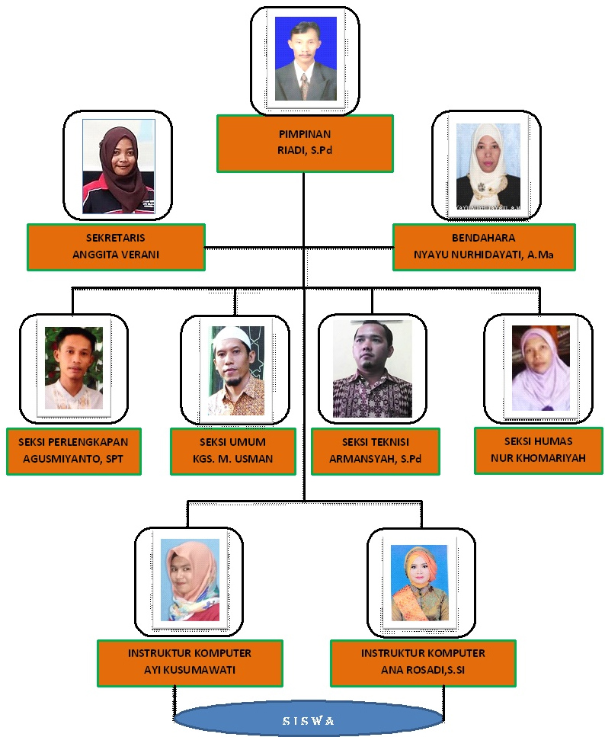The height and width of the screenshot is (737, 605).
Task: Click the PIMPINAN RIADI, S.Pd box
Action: pos(305,143)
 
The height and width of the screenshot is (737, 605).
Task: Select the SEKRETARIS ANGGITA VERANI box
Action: pos(116,247)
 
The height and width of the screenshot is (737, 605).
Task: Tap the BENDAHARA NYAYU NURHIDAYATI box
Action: pos(484,247)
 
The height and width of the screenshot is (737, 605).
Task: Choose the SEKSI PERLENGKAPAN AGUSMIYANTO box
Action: pos(74,452)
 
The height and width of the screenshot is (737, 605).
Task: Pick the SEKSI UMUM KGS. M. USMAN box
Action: pos(232,452)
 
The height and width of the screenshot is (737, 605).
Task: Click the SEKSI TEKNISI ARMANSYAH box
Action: pos(375,452)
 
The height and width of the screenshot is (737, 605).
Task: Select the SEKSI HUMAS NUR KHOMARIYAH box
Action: pos(538,450)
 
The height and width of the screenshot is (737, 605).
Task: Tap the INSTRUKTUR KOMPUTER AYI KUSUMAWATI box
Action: pos(190,662)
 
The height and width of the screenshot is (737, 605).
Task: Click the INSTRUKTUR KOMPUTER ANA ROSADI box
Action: pos(423,662)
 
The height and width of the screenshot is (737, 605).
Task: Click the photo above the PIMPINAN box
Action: pos(305,59)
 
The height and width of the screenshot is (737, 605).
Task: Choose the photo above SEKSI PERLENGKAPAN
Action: pos(73,368)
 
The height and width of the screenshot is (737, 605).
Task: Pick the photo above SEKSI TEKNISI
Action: pos(372,368)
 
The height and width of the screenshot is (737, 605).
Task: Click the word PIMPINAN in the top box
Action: pos(305,135)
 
